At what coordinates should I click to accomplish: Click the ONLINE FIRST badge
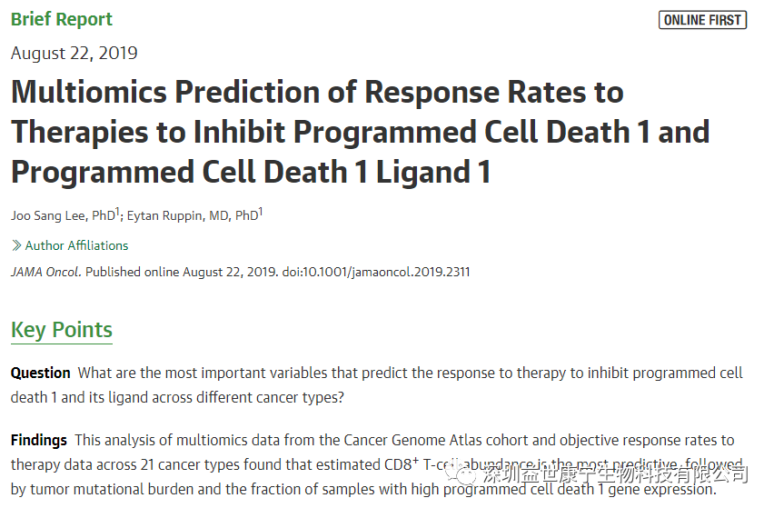coord(702,20)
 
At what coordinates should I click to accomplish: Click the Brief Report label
coord(62,20)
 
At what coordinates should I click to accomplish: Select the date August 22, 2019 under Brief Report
coord(74,53)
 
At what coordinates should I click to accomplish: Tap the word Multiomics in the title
coord(88,93)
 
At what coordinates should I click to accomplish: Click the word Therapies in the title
coord(79,133)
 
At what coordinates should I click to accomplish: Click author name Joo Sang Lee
coord(49,215)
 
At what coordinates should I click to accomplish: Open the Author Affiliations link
coord(76,245)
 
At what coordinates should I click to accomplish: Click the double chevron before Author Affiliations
coord(16,245)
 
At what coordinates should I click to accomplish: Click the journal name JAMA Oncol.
coord(45,272)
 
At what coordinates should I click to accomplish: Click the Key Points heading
coord(62,330)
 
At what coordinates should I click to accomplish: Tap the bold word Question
coord(41,373)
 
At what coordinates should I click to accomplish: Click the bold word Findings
coord(39,440)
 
